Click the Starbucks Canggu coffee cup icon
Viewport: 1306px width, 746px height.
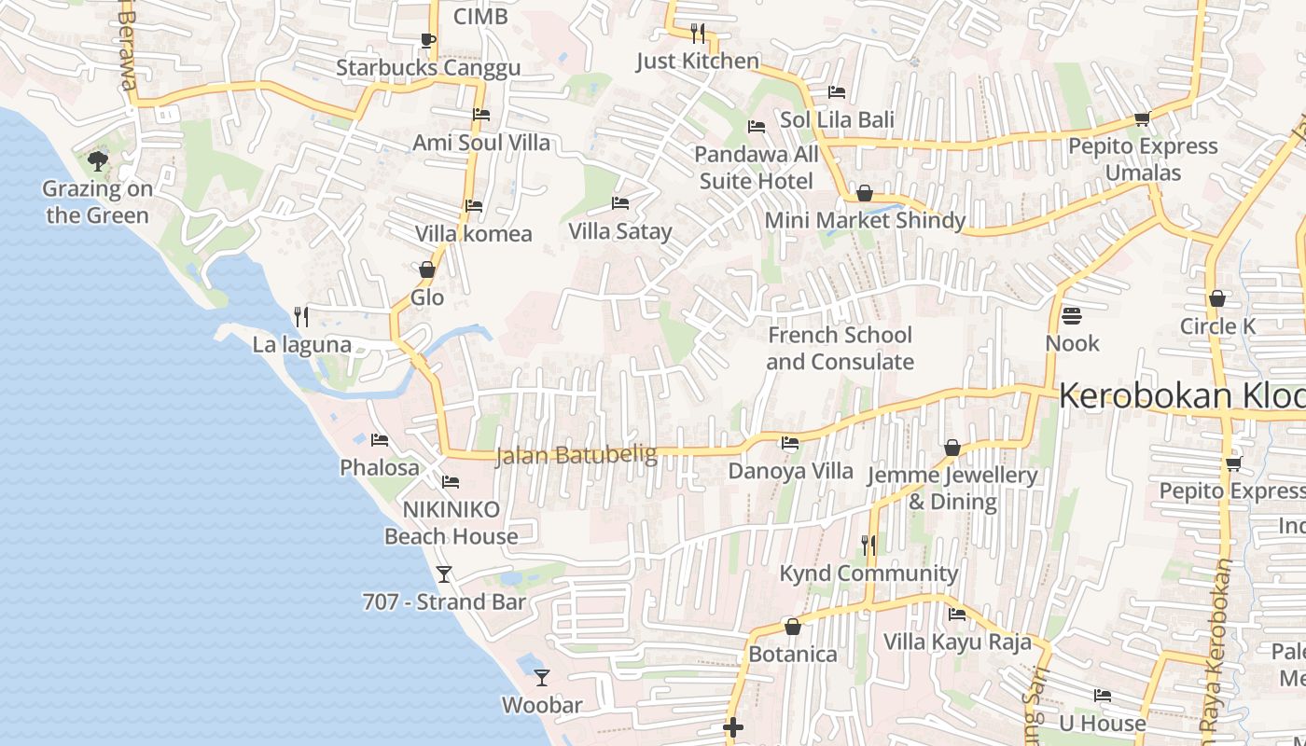(x=427, y=39)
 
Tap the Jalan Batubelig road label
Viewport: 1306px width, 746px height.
(x=576, y=455)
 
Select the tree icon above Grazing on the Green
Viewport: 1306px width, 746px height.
(x=97, y=161)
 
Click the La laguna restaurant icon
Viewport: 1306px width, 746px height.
(x=301, y=317)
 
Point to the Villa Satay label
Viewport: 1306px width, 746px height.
(x=620, y=231)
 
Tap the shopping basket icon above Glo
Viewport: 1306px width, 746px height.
(x=427, y=270)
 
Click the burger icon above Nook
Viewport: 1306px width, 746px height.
(x=1071, y=316)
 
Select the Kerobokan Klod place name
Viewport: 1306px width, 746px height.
(x=1181, y=396)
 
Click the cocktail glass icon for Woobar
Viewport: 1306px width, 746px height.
(x=542, y=678)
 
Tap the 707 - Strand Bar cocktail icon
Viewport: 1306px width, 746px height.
(x=444, y=574)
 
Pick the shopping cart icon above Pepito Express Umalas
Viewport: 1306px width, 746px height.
(x=1142, y=119)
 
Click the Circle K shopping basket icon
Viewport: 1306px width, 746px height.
(x=1216, y=299)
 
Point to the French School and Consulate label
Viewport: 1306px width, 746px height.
(x=840, y=348)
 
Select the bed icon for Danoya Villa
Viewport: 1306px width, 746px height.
(x=790, y=443)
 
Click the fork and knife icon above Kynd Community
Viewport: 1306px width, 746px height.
(x=868, y=546)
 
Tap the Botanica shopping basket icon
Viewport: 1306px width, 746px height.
(x=793, y=627)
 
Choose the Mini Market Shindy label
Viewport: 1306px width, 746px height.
(x=865, y=220)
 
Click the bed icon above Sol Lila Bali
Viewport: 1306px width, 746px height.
(x=837, y=92)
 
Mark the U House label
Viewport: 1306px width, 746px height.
(x=1102, y=723)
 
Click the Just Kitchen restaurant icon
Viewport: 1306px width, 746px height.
(x=698, y=34)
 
